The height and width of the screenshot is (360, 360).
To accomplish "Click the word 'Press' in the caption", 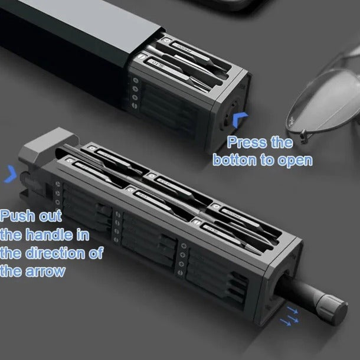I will click(x=243, y=143).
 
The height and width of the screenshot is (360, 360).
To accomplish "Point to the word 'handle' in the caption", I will click(x=48, y=235).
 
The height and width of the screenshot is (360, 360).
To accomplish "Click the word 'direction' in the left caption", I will click(x=58, y=254).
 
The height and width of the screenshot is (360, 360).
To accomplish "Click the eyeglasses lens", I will click(x=330, y=89).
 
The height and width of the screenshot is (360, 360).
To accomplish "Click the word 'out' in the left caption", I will click(x=49, y=217).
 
